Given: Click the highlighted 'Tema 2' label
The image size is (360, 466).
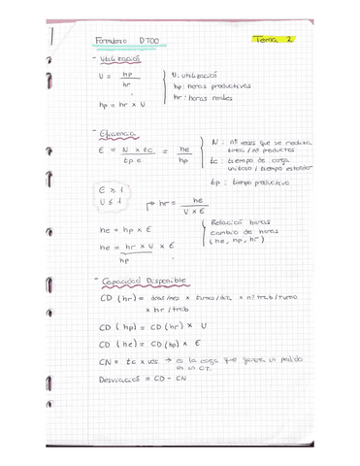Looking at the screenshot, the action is [x=275, y=39].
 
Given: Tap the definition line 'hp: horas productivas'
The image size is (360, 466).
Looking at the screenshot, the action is [x=211, y=85].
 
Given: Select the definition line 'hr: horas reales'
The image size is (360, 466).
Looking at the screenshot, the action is [x=204, y=98].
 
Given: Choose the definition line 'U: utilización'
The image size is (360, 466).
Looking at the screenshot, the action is [x=201, y=74].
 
